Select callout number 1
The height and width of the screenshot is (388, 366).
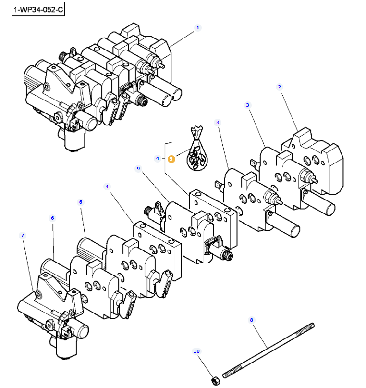tap(197, 28)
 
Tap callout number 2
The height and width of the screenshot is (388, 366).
tap(279, 87)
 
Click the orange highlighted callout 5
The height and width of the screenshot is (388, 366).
tap(171, 158)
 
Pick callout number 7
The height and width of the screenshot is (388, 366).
tap(22, 235)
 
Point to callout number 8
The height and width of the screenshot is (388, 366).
tap(250, 320)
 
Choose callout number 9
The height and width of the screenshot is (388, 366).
tap(138, 169)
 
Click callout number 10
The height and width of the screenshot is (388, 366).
tap(196, 351)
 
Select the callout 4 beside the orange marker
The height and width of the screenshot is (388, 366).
tap(157, 158)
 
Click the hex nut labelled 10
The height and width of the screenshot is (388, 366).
tap(215, 380)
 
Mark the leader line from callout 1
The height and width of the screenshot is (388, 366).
tap(183, 38)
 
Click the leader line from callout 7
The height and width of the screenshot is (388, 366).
tap(28, 264)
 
